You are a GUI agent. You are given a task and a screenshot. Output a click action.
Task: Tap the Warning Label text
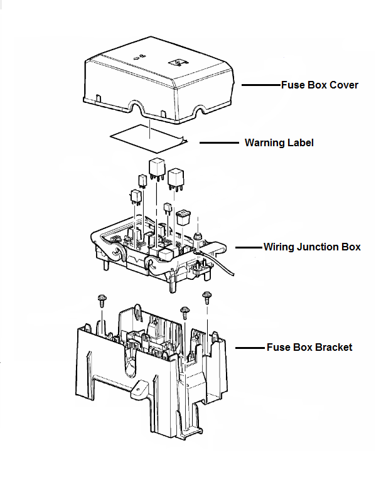click(279, 143)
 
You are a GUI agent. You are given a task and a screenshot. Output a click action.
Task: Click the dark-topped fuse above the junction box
click(183, 217)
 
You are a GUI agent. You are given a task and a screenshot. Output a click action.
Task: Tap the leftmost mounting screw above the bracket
click(101, 301)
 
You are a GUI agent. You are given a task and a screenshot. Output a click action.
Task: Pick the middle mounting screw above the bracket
click(185, 312)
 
